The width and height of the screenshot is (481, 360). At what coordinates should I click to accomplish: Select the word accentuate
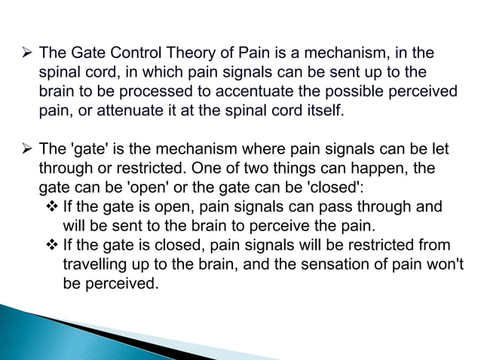click(256, 93)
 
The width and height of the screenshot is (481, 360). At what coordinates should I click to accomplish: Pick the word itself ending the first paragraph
click(322, 112)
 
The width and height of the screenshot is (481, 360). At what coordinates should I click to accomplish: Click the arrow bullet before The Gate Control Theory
click(26, 53)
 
